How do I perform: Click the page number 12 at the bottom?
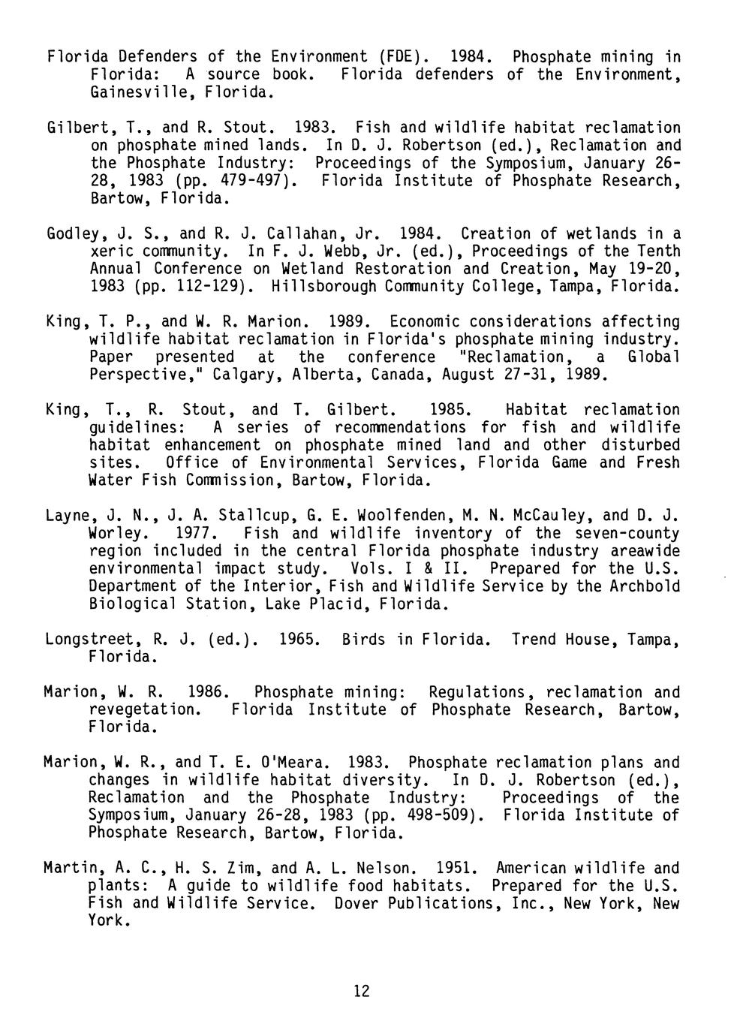pos(361,992)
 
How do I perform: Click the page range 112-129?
pos(221,287)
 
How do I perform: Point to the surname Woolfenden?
pos(393,516)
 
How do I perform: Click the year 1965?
pos(299,640)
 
